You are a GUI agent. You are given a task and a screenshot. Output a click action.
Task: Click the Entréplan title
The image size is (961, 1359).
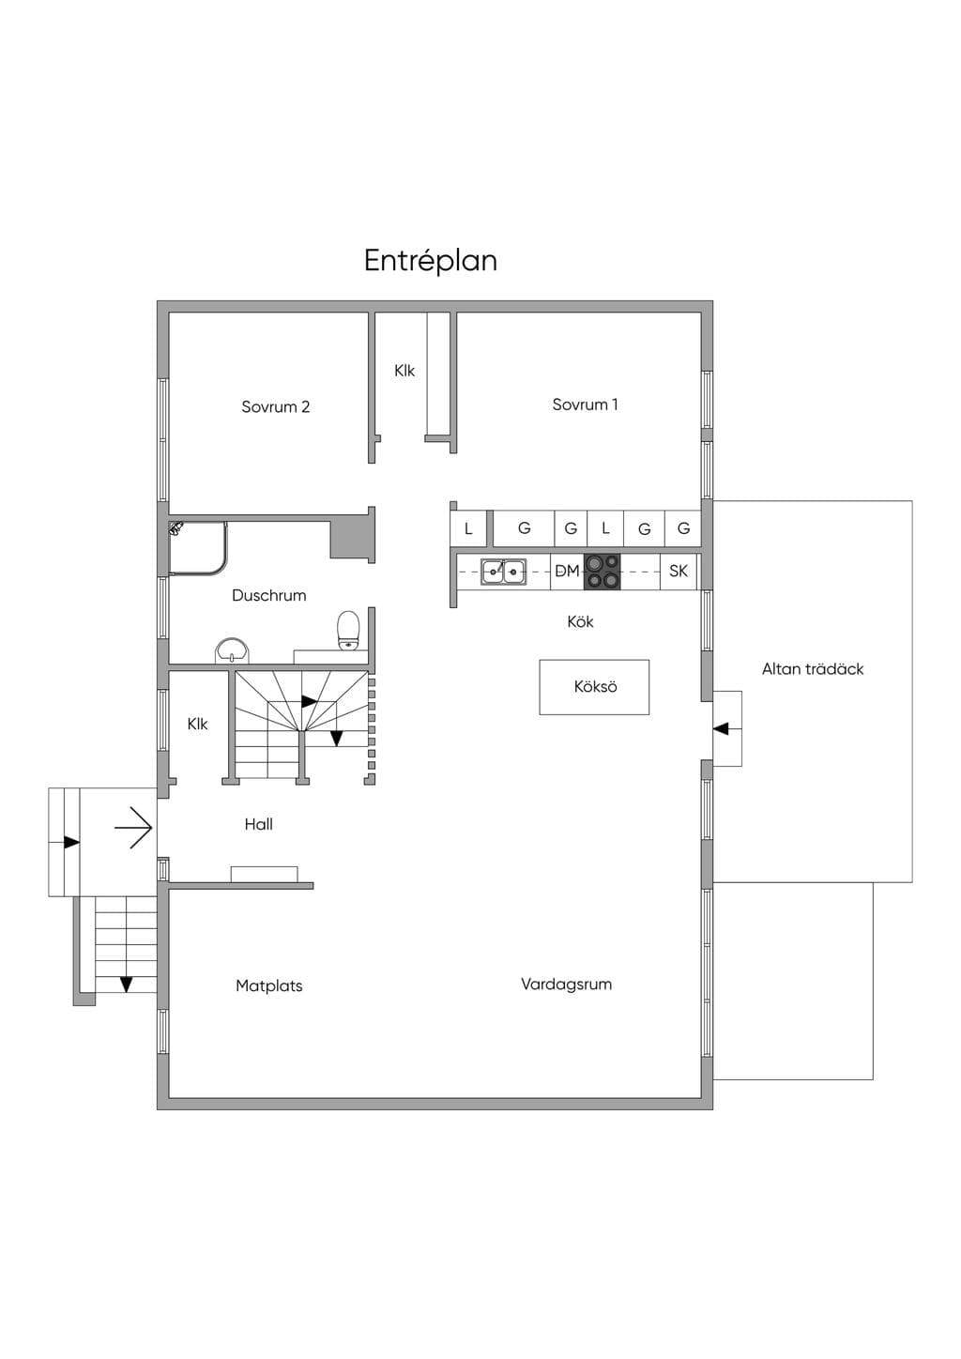[431, 261]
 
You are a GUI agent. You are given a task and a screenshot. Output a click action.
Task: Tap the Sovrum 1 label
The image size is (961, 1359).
[585, 405]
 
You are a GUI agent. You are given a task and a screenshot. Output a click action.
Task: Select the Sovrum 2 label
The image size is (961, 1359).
[275, 406]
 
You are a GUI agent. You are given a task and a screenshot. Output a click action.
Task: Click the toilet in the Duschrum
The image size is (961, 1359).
[348, 631]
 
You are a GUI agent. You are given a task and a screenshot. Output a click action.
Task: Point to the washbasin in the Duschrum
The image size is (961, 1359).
[231, 649]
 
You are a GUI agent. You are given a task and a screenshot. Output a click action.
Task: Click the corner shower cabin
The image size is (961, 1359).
[198, 548]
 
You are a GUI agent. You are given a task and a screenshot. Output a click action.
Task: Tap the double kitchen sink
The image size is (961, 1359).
[504, 572]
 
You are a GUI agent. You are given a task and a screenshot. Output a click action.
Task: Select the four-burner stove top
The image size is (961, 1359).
[603, 572]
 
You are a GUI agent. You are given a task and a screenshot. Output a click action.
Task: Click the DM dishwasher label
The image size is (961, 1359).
[567, 571]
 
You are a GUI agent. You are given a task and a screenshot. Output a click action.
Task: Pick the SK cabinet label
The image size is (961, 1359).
[679, 571]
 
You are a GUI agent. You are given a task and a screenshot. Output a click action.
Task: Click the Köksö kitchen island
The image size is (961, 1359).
[595, 687]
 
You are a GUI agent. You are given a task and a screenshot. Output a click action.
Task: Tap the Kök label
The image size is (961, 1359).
[580, 621]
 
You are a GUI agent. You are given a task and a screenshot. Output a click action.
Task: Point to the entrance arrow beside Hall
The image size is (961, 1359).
[133, 826]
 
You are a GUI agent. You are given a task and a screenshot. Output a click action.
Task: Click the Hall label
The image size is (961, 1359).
[258, 824]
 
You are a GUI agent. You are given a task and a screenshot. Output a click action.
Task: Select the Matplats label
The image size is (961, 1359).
[268, 985]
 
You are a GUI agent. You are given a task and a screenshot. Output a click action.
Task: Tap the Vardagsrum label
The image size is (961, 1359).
[566, 985]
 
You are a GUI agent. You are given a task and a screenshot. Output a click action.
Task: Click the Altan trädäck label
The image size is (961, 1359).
[813, 668]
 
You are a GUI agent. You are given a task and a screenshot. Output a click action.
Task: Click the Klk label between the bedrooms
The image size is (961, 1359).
[404, 370]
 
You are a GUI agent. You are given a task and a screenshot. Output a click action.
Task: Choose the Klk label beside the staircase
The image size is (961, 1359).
[197, 724]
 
